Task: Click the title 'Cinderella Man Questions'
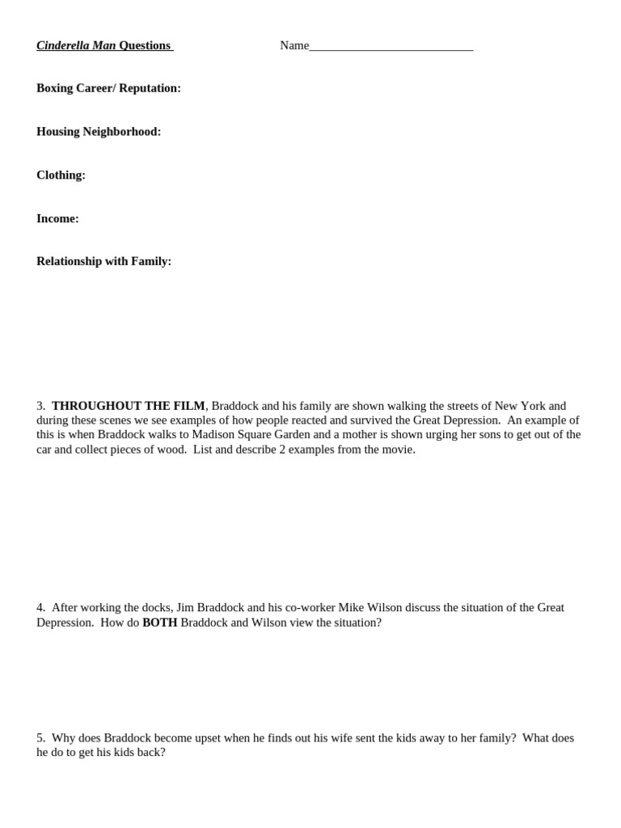tap(103, 45)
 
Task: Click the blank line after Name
tap(391, 47)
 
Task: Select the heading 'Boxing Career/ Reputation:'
tap(108, 88)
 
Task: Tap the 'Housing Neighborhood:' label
tap(99, 132)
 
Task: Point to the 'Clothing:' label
tap(61, 175)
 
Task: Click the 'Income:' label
tap(57, 218)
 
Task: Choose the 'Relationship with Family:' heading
tap(103, 261)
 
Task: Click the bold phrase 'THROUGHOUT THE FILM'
tap(128, 406)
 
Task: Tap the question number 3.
tap(40, 406)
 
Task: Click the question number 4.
tap(40, 607)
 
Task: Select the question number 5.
tap(40, 737)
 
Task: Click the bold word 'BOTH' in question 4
tap(159, 623)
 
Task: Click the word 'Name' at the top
tap(294, 45)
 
